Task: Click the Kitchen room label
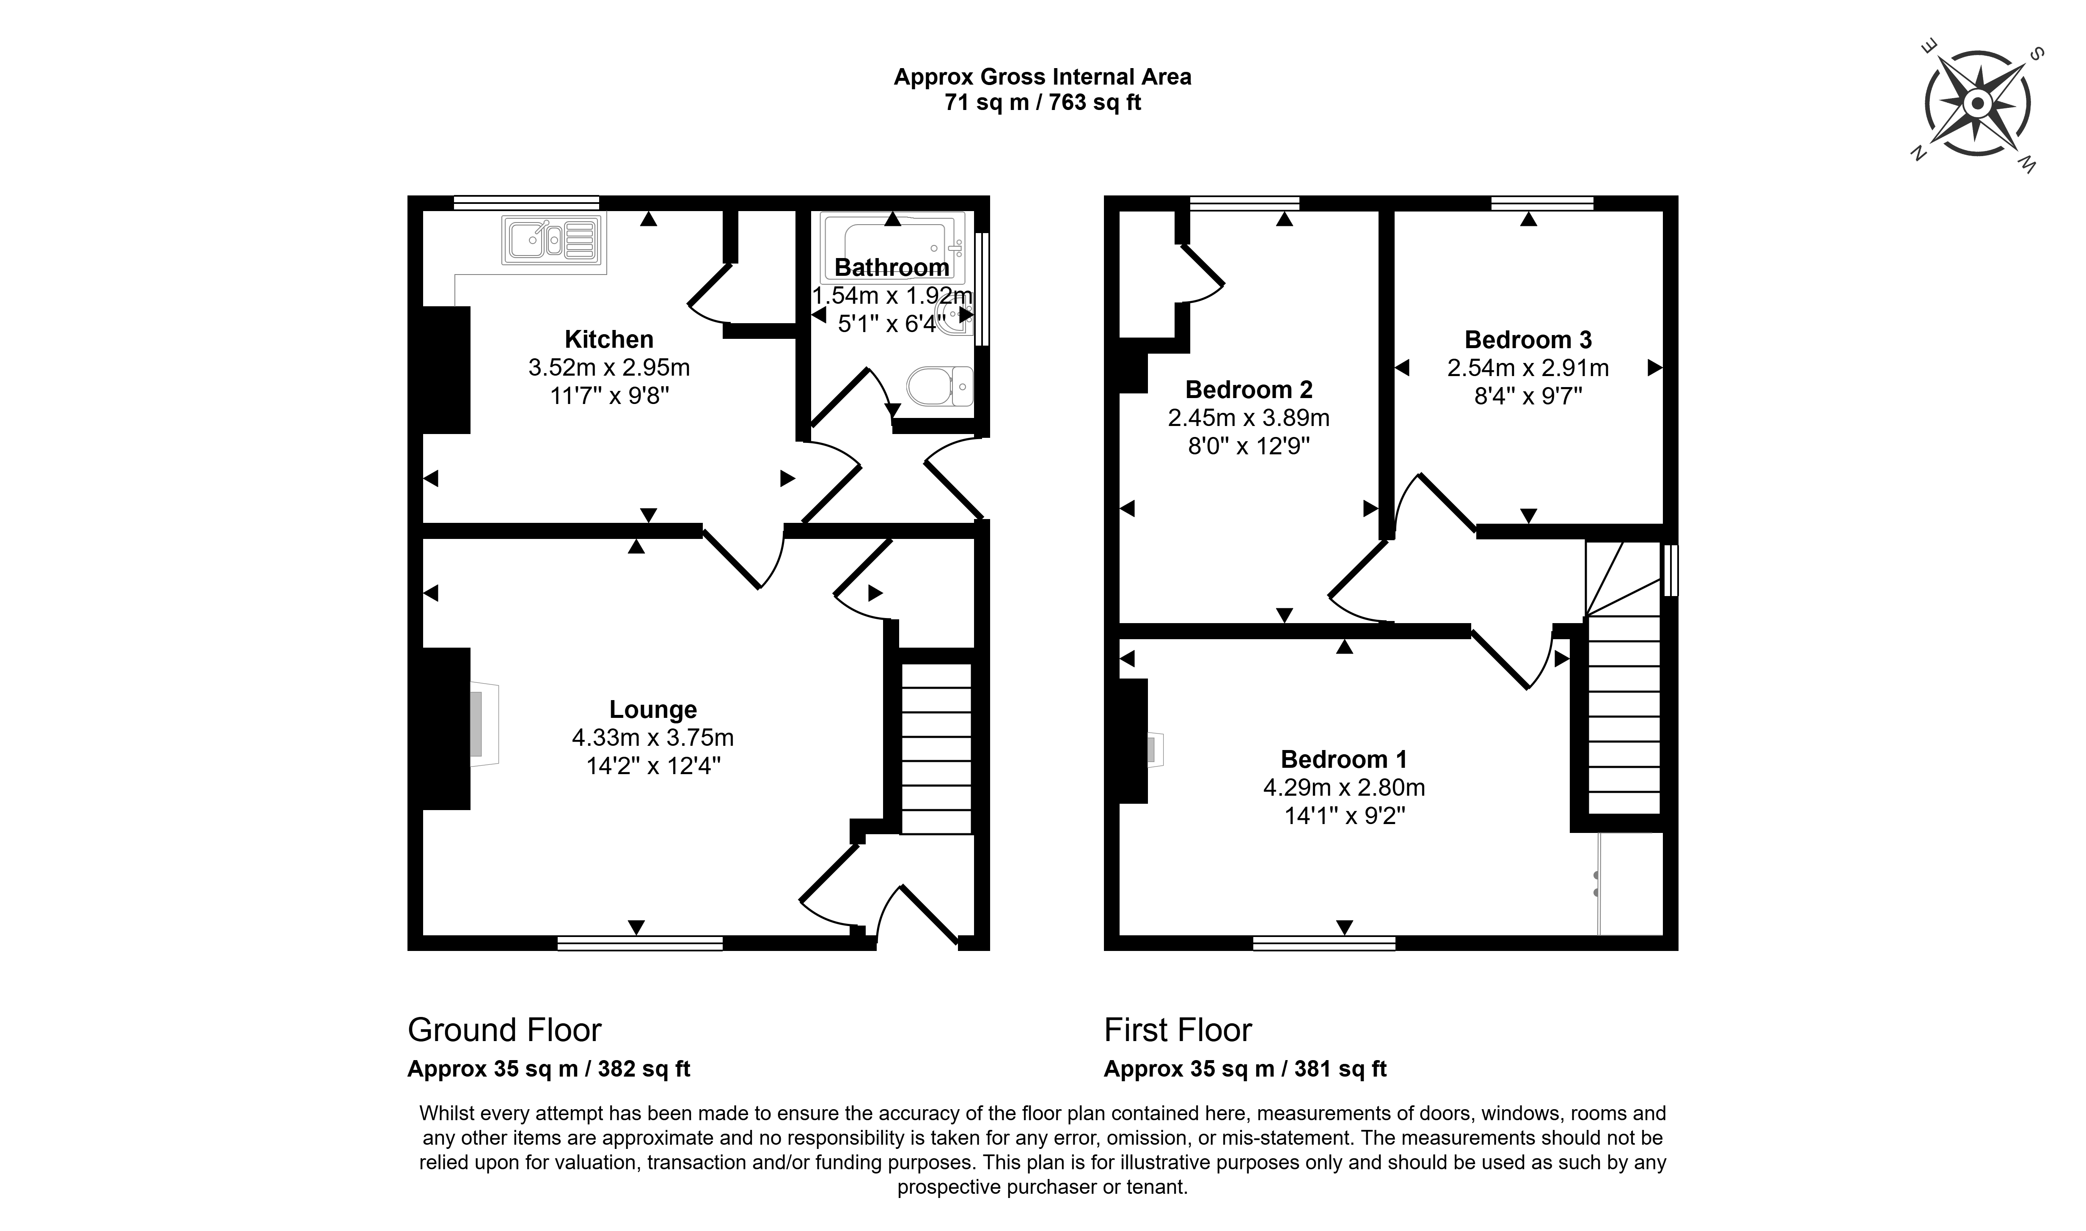(609, 339)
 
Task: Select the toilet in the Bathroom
(940, 387)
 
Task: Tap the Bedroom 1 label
(1344, 759)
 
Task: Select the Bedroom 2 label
(1249, 389)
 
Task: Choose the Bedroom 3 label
(1528, 339)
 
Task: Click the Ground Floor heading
(504, 1030)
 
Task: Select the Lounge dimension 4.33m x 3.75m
(653, 737)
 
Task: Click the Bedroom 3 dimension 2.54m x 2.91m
(1528, 368)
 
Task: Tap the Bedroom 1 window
(1324, 943)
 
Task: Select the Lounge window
(640, 943)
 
